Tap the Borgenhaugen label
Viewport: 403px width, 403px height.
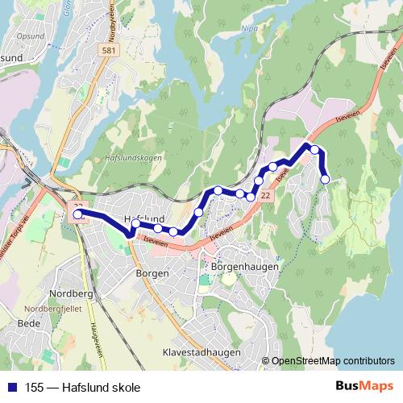[x=243, y=266]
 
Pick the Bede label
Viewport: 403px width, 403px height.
[x=28, y=323]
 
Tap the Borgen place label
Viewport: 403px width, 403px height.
[x=153, y=273]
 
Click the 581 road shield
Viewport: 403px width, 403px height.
[x=108, y=50]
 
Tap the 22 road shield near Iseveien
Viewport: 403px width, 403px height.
[x=266, y=196]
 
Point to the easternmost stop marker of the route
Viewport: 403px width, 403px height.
[x=326, y=179]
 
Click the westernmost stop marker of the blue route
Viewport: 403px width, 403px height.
[x=78, y=215]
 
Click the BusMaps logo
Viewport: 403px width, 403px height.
[x=364, y=386]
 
